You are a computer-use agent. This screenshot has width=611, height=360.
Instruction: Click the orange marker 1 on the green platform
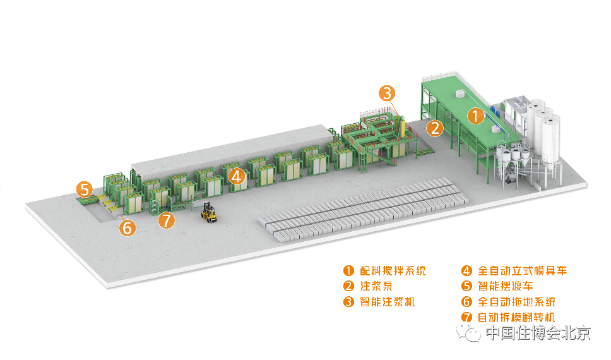pyautogui.click(x=475, y=116)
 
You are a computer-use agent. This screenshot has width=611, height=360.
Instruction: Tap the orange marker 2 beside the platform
pyautogui.click(x=434, y=128)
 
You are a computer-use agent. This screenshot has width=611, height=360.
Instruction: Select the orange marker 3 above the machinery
pyautogui.click(x=387, y=93)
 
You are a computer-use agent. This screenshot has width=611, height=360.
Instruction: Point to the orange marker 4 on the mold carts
pyautogui.click(x=237, y=176)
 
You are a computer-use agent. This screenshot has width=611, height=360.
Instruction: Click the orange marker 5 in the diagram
pyautogui.click(x=84, y=188)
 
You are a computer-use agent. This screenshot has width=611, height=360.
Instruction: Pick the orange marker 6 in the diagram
pyautogui.click(x=128, y=227)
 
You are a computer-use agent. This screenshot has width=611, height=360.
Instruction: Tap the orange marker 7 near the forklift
pyautogui.click(x=166, y=220)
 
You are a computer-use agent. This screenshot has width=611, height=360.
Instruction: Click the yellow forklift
pyautogui.click(x=209, y=212)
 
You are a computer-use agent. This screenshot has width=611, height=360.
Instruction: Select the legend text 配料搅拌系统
pyautogui.click(x=393, y=271)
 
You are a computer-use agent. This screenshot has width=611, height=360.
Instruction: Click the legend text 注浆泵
pyautogui.click(x=376, y=286)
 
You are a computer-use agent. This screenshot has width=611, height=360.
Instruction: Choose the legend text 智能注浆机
pyautogui.click(x=388, y=302)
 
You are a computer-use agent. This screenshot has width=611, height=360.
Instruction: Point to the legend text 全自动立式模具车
pyautogui.click(x=522, y=271)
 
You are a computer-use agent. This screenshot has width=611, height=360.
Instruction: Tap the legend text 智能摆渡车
pyautogui.click(x=506, y=286)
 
